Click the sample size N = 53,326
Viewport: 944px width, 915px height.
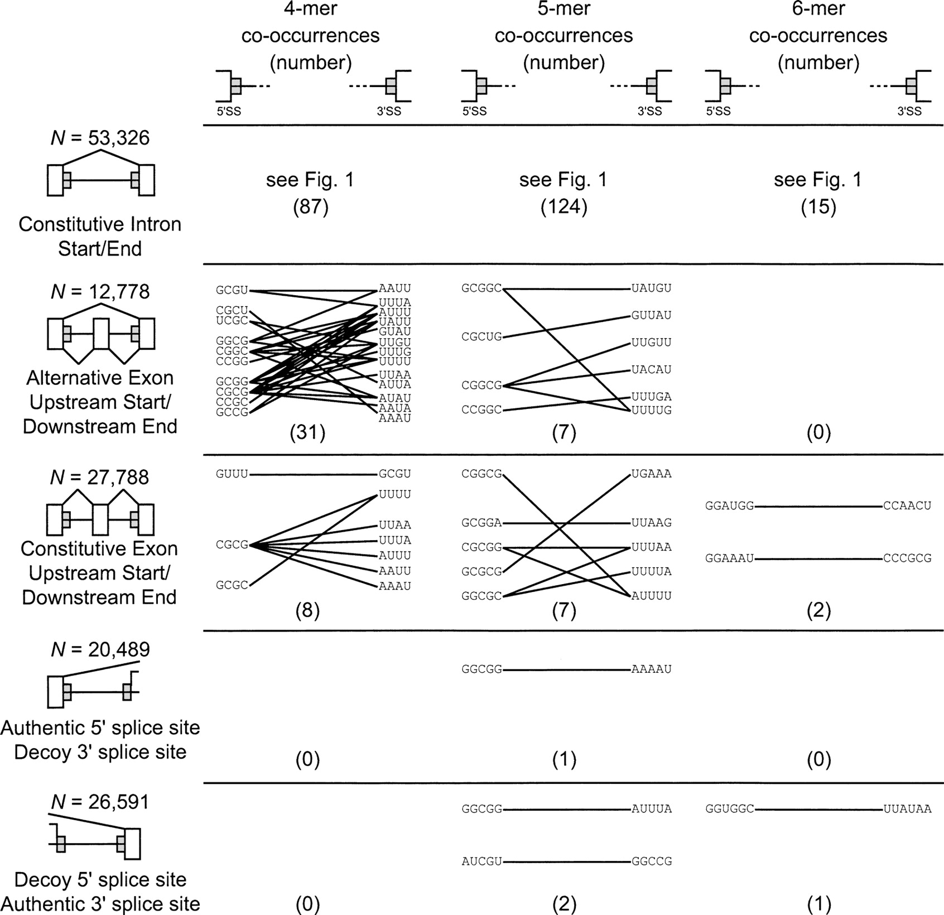point(100,137)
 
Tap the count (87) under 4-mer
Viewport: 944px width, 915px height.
point(310,207)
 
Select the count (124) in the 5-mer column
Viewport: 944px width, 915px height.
point(563,207)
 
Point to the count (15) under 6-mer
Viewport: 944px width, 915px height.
point(818,207)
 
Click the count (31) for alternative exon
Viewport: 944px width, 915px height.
point(307,432)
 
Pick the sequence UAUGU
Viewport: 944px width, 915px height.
point(651,288)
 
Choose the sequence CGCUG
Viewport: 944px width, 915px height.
point(481,336)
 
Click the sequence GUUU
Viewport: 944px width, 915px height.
point(232,474)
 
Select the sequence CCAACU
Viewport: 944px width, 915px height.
point(907,505)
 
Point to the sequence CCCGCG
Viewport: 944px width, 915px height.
point(907,558)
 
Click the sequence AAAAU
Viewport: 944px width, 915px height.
point(651,669)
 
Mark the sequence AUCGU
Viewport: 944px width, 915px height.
point(481,861)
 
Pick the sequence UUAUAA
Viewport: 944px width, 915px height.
point(907,809)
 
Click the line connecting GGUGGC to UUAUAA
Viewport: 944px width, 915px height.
point(818,809)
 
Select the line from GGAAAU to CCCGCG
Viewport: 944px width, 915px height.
point(818,558)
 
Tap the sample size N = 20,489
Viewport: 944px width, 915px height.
point(100,649)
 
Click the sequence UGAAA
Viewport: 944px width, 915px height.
point(651,474)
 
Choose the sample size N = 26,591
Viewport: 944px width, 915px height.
point(100,802)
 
